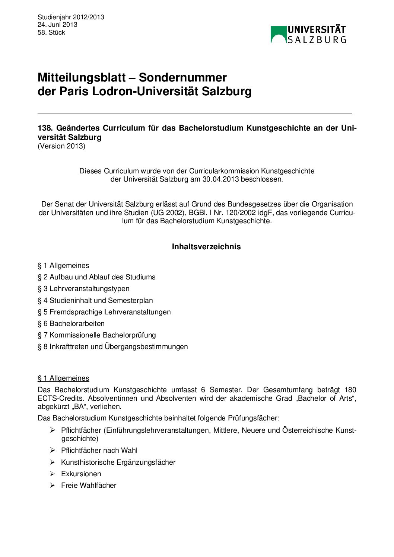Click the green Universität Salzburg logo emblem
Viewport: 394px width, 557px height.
(x=279, y=35)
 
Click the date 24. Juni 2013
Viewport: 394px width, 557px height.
(x=57, y=25)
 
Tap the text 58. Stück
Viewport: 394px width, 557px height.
(x=51, y=32)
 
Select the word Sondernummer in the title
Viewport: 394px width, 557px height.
(x=182, y=77)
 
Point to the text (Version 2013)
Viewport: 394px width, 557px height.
(x=61, y=146)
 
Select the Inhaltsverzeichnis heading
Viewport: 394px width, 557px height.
(x=206, y=247)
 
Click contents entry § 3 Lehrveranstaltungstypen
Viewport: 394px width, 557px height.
(x=83, y=288)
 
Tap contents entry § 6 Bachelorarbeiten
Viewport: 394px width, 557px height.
(x=71, y=323)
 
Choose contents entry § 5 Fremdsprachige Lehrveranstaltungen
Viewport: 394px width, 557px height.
(x=104, y=312)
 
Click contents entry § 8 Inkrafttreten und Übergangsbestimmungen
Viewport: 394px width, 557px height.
(x=112, y=346)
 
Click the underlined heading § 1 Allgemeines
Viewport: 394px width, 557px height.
(x=63, y=378)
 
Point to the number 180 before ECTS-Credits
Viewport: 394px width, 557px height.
(x=350, y=390)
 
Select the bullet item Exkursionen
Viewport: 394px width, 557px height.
(x=81, y=474)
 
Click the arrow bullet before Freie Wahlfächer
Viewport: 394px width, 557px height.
(x=53, y=485)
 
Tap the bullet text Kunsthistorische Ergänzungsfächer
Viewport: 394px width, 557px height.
(x=118, y=462)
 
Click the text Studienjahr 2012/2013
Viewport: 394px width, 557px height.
(x=71, y=17)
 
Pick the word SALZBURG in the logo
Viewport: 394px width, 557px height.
(x=317, y=39)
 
